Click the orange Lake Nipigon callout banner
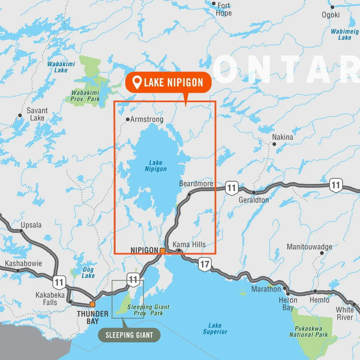(x=168, y=82)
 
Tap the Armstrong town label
(x=147, y=119)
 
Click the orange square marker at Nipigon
(x=163, y=251)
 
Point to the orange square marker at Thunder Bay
(x=93, y=304)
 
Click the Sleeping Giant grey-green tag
(x=129, y=335)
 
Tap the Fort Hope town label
(x=224, y=9)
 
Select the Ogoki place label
(x=330, y=15)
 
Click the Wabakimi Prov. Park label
(x=85, y=96)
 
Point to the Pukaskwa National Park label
(x=309, y=332)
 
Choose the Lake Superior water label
(x=215, y=328)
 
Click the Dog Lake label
(x=88, y=273)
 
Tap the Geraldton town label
(x=253, y=200)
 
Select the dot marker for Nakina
(x=274, y=144)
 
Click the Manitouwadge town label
(x=309, y=247)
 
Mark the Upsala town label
(x=31, y=225)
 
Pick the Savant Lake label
(x=37, y=114)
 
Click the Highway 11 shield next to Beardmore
(x=231, y=188)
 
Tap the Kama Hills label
(x=189, y=245)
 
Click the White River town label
(x=345, y=314)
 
